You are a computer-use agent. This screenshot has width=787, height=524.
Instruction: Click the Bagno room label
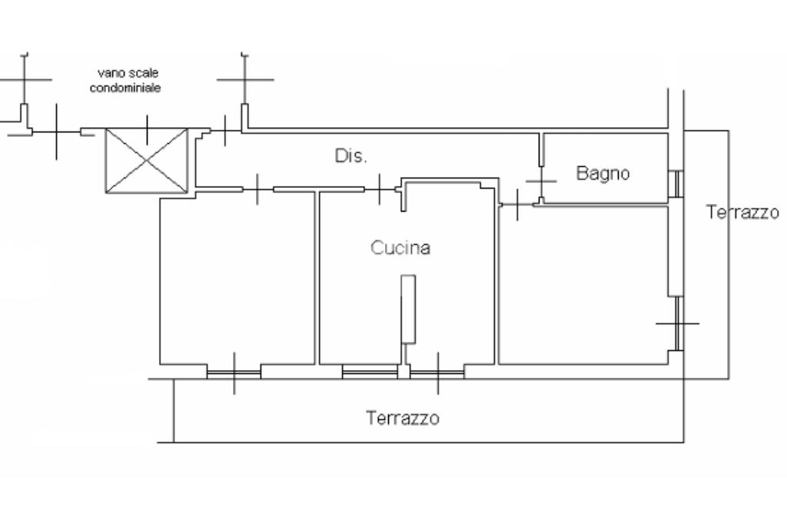tap(603, 173)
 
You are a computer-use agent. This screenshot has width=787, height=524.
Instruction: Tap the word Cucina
tap(400, 247)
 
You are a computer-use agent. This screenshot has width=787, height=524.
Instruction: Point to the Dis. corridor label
tap(350, 155)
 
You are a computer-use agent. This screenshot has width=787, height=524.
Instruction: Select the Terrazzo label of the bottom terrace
tap(403, 418)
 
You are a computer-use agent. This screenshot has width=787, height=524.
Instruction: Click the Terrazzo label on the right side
tap(742, 212)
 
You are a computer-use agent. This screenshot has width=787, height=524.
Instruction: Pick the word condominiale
tap(125, 88)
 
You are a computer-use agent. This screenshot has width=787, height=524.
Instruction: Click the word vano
tap(108, 73)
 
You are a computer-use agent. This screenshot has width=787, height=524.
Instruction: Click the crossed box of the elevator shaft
tap(147, 161)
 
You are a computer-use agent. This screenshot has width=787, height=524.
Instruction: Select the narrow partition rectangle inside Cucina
tap(408, 309)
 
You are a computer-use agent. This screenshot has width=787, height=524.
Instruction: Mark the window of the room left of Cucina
tap(234, 372)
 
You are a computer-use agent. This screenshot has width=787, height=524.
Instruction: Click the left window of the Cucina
tap(370, 372)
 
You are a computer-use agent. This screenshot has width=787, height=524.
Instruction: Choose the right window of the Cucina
tap(437, 372)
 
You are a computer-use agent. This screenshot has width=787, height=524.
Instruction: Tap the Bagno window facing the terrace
tap(676, 184)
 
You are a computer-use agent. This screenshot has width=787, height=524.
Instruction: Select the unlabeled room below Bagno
tap(583, 285)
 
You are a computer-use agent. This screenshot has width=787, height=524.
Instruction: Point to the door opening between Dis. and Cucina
tap(380, 189)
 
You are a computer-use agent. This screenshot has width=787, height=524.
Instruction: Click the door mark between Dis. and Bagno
tap(541, 181)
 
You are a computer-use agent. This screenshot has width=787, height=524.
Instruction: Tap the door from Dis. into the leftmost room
tap(257, 189)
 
